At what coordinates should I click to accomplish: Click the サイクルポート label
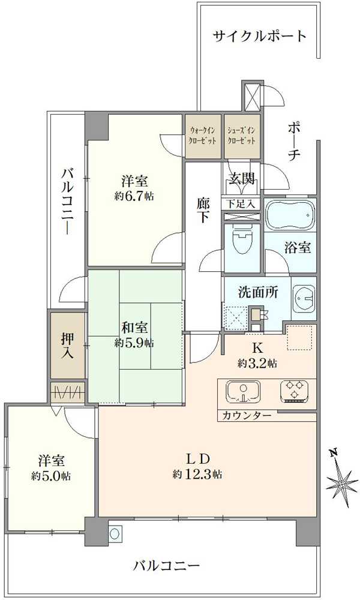click(x=260, y=36)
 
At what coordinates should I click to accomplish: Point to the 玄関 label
click(x=242, y=178)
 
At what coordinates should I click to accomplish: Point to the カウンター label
click(x=247, y=416)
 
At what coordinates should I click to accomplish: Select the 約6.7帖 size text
click(x=134, y=196)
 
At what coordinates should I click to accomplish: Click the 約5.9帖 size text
click(x=134, y=343)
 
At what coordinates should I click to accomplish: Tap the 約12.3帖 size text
click(x=198, y=474)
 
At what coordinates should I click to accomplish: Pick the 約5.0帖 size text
click(x=52, y=476)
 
